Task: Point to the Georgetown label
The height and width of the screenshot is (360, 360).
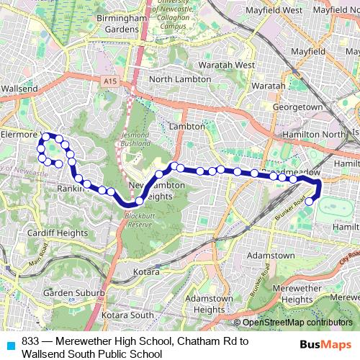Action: (x=297, y=107)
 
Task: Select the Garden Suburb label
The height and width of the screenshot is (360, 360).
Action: (x=73, y=294)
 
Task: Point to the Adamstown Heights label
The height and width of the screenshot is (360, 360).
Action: (x=209, y=304)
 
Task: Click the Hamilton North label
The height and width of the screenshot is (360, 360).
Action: (x=314, y=135)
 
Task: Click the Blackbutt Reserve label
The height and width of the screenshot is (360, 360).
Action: (x=138, y=220)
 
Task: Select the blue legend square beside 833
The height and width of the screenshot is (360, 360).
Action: (x=10, y=345)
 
